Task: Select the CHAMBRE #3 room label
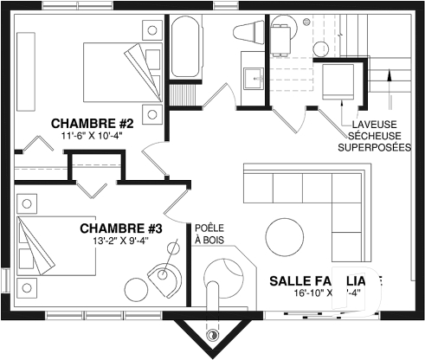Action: [x=121, y=228]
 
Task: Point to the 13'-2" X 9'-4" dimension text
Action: [x=121, y=242]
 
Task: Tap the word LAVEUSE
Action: [x=370, y=124]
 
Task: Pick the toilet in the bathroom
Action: [x=250, y=33]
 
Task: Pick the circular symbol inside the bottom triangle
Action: [x=212, y=334]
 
